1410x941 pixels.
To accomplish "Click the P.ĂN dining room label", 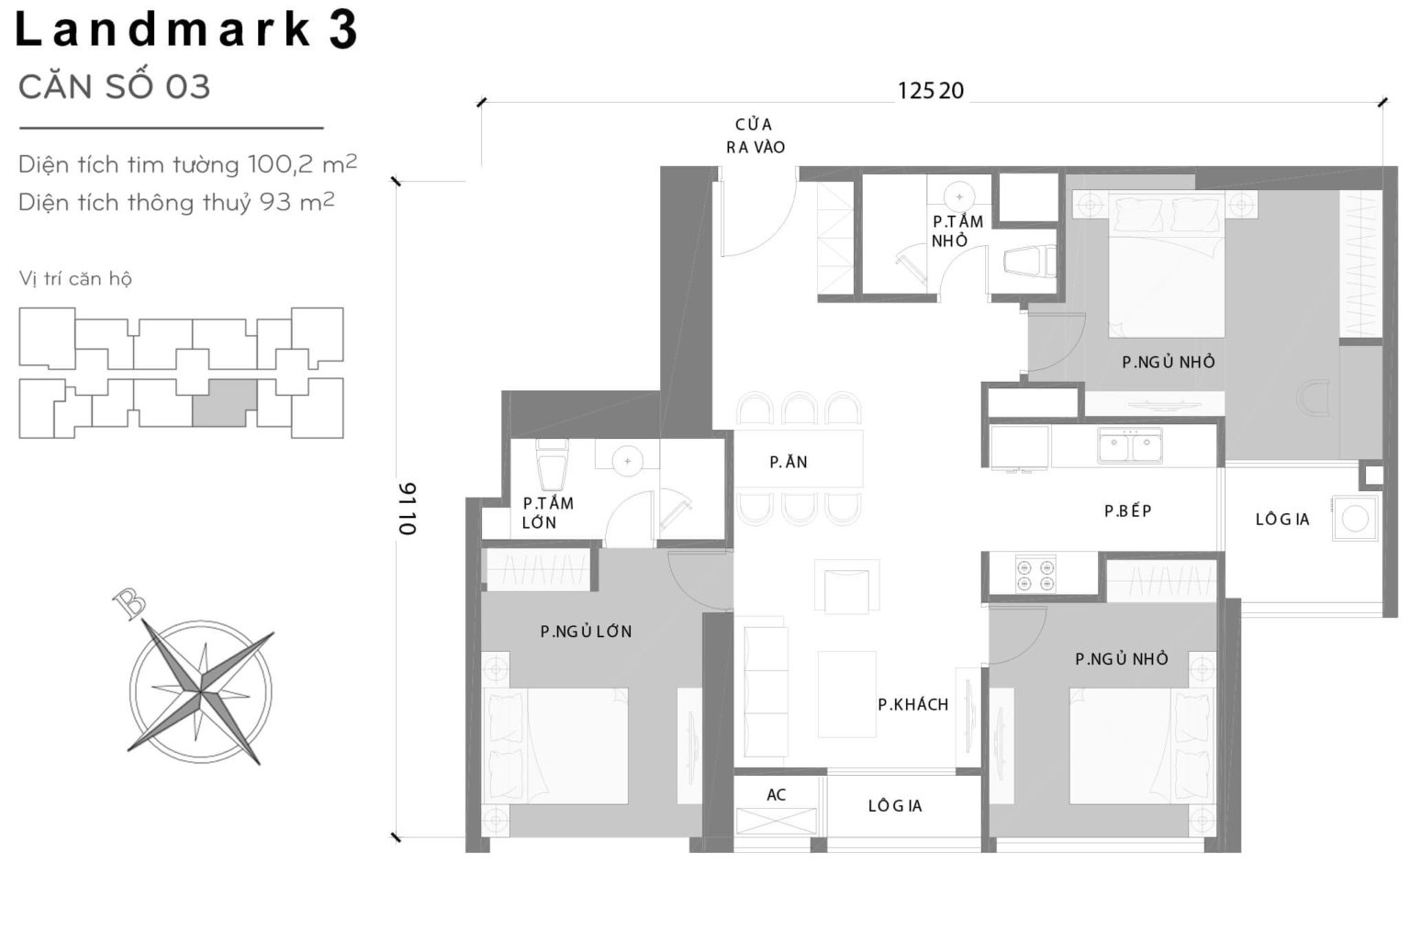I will point(789,463).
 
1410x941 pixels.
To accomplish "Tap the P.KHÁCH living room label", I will point(912,705).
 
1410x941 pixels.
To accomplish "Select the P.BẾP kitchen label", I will point(1127,511).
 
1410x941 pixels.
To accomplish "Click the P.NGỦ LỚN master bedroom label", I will point(586,632).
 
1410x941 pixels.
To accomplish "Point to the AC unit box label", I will point(777,795).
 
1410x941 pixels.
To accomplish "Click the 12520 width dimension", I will point(931,91).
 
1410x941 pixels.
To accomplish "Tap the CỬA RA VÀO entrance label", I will point(755,136).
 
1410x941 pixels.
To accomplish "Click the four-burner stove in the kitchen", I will point(1035,575).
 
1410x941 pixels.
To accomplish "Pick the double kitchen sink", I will point(1130,446).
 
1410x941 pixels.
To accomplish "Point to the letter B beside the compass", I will point(129,603).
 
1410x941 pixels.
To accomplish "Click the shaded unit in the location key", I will point(224,402).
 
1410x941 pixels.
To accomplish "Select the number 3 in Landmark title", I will point(341,30).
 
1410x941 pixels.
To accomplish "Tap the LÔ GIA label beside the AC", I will point(895,806).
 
